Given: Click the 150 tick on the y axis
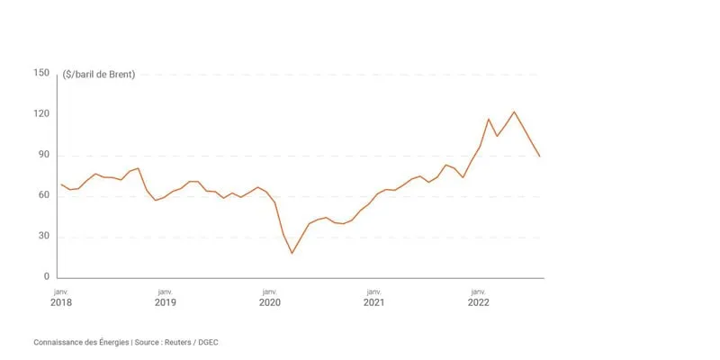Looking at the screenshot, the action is coord(40,74).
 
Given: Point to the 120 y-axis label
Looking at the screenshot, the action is coord(40,114).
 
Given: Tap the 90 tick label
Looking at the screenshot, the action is coord(42,155).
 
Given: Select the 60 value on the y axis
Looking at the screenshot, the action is coord(42,195).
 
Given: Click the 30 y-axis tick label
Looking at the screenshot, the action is coord(42,237).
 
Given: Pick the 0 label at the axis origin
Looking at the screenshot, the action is coord(46,277).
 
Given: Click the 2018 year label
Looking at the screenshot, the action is coord(60,302).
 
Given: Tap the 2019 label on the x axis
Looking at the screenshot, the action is coord(166,302).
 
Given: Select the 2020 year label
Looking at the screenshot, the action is coord(269,302).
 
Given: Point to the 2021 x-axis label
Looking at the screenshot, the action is coord(373,302).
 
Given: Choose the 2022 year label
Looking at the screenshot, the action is coord(479,302).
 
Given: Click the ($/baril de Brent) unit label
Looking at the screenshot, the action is coord(99,75).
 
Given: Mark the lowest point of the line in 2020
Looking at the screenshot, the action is coord(292,253).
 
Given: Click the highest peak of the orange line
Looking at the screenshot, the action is coord(514,112).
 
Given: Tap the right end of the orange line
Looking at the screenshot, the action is coord(539,156).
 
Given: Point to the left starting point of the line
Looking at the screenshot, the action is coord(61,184).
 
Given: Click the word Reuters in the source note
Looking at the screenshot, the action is coord(178,343).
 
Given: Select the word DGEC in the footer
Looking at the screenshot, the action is coord(209,343).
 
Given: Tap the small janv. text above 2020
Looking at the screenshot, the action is coord(269,292).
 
